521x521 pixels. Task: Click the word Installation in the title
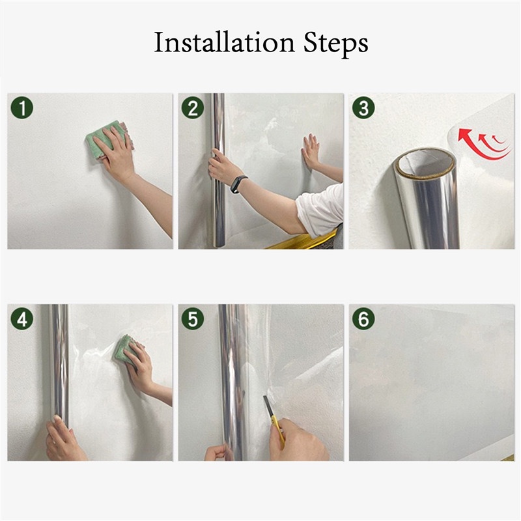224,42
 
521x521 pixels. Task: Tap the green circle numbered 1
22,107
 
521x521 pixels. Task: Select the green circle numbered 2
193,107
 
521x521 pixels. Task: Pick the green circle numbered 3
363,107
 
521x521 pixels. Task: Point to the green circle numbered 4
22,318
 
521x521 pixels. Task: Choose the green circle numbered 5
193,318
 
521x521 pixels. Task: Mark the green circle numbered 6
363,318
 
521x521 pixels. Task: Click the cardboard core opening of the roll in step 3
426,163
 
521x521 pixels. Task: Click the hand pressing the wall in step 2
311,151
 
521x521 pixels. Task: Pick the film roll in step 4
60,365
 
